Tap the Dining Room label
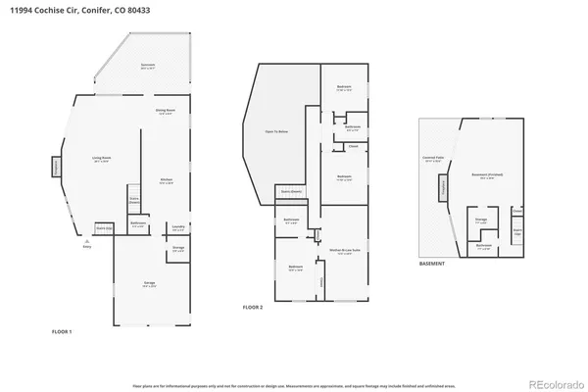tap(165, 112)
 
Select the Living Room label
tap(101, 161)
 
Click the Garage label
tap(149, 286)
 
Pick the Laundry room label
tap(178, 227)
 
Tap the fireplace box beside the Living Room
tap(55, 168)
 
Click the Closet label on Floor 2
tap(353, 148)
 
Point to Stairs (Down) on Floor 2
tap(290, 191)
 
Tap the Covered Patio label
tap(432, 159)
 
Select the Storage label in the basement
tap(480, 222)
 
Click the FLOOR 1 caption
tap(62, 332)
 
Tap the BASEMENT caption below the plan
tap(432, 264)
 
